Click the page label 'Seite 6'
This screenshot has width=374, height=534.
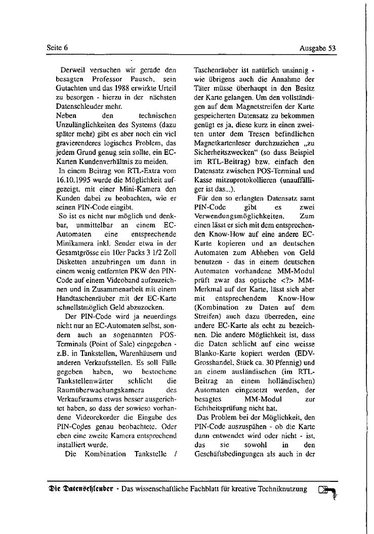(x=57, y=48)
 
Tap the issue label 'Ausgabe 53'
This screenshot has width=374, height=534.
(x=318, y=49)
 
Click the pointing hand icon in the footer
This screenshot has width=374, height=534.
(x=328, y=490)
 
